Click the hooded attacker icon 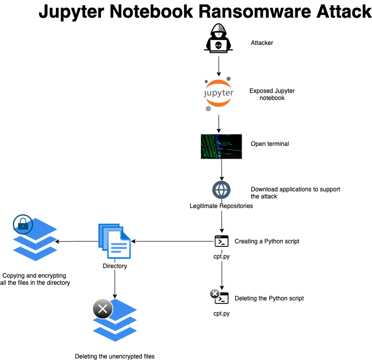[218, 38]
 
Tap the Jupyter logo [218, 94]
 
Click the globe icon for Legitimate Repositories [221, 190]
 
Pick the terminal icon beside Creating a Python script [222, 241]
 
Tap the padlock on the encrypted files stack [23, 224]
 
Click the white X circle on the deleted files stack [102, 308]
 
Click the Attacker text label [261, 43]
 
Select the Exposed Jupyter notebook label [272, 94]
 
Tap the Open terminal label [270, 144]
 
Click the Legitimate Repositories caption [221, 206]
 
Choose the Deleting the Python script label [269, 298]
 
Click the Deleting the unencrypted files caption [115, 356]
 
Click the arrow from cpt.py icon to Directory [172, 241]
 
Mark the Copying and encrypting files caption [35, 279]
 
